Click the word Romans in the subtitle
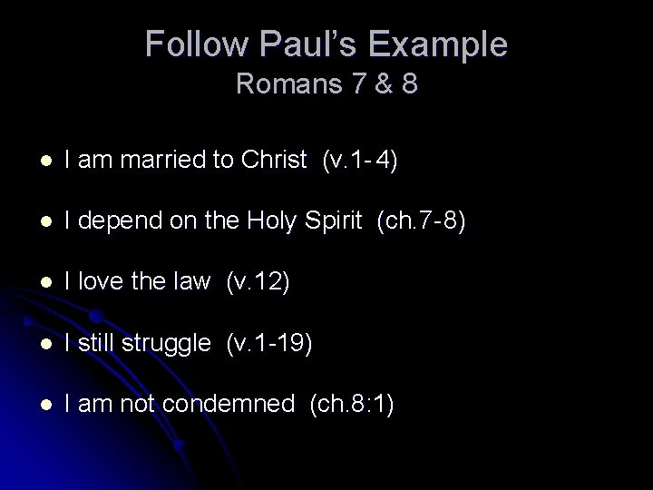tap(284, 84)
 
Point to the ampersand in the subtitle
tap(379, 84)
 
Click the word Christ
tap(274, 161)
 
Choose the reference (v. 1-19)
tap(268, 343)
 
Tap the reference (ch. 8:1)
tap(351, 404)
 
